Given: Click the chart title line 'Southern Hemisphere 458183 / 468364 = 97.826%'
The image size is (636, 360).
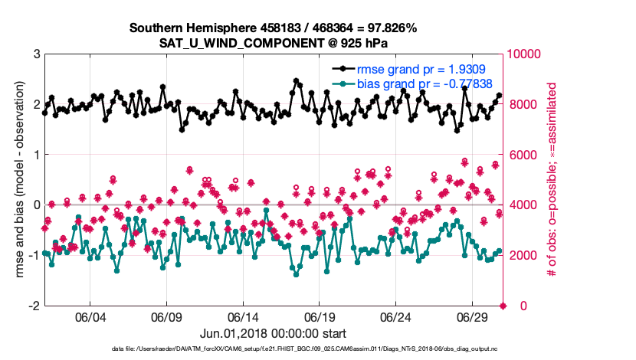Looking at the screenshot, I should coord(273,28).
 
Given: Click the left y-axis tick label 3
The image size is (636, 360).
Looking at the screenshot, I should coord(36,54).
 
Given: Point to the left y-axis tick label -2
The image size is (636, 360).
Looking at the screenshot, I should coord(33,306).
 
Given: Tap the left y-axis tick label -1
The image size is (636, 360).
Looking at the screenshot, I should coord(33,255).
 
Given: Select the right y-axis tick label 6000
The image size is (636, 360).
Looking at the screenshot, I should coord(522,155).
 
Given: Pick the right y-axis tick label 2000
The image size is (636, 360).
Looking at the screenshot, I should coord(522,255).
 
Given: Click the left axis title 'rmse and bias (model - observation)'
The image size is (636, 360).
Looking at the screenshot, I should coord(16,180).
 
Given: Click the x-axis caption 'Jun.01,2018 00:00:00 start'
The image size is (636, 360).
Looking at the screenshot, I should coord(274,334).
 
